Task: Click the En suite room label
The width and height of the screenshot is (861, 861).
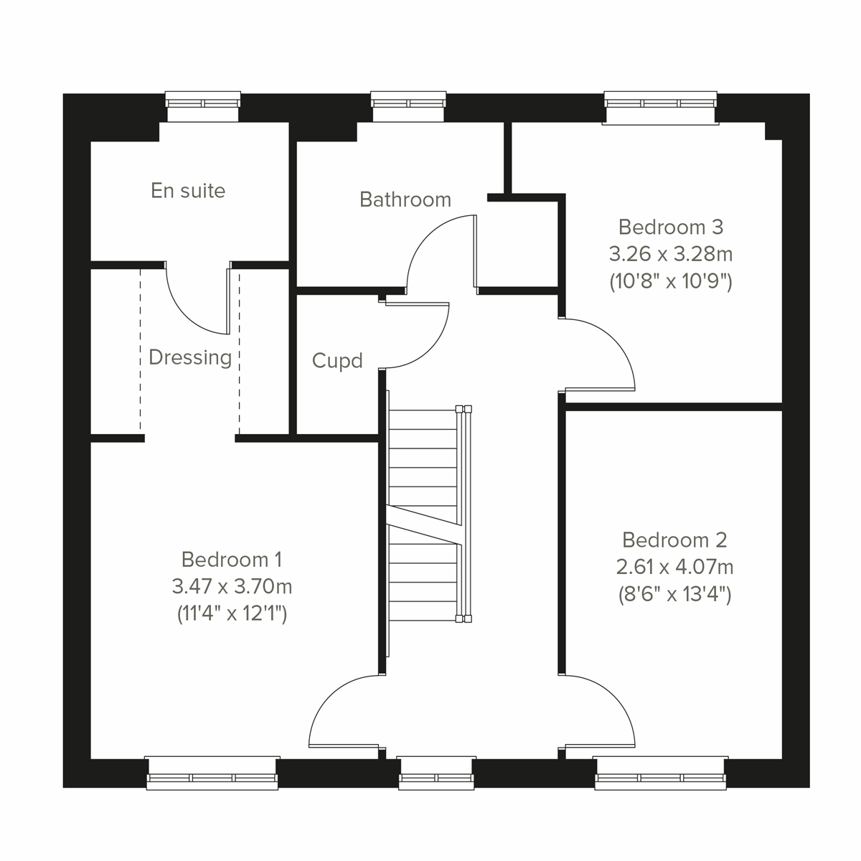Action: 188,191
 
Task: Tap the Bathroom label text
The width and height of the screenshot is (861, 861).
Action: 405,199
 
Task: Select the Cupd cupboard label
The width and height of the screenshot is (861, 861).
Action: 337,360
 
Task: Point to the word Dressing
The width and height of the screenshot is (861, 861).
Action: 190,357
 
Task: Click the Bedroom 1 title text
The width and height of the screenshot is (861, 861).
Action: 232,559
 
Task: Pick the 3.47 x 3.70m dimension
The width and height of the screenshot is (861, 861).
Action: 232,587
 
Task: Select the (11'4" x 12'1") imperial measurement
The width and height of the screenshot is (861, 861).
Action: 232,614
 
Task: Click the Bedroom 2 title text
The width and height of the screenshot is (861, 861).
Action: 674,540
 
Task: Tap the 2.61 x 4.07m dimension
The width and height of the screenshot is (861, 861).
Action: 674,568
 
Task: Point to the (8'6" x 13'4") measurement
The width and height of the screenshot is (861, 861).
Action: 674,595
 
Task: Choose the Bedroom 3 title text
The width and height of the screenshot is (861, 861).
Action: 671,227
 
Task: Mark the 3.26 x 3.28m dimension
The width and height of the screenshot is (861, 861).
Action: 671,255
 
